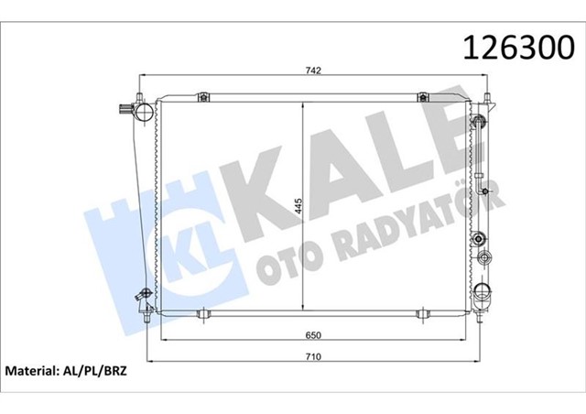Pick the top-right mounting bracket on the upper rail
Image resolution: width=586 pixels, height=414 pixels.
[x=422, y=97]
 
